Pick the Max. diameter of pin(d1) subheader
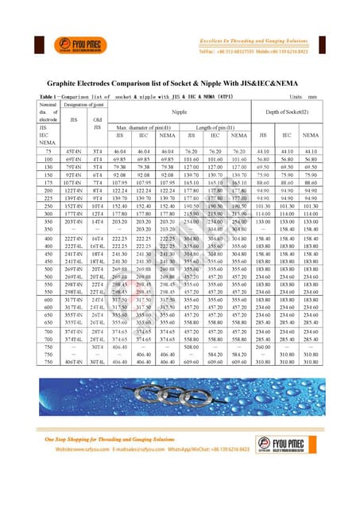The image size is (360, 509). click(145, 127)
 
